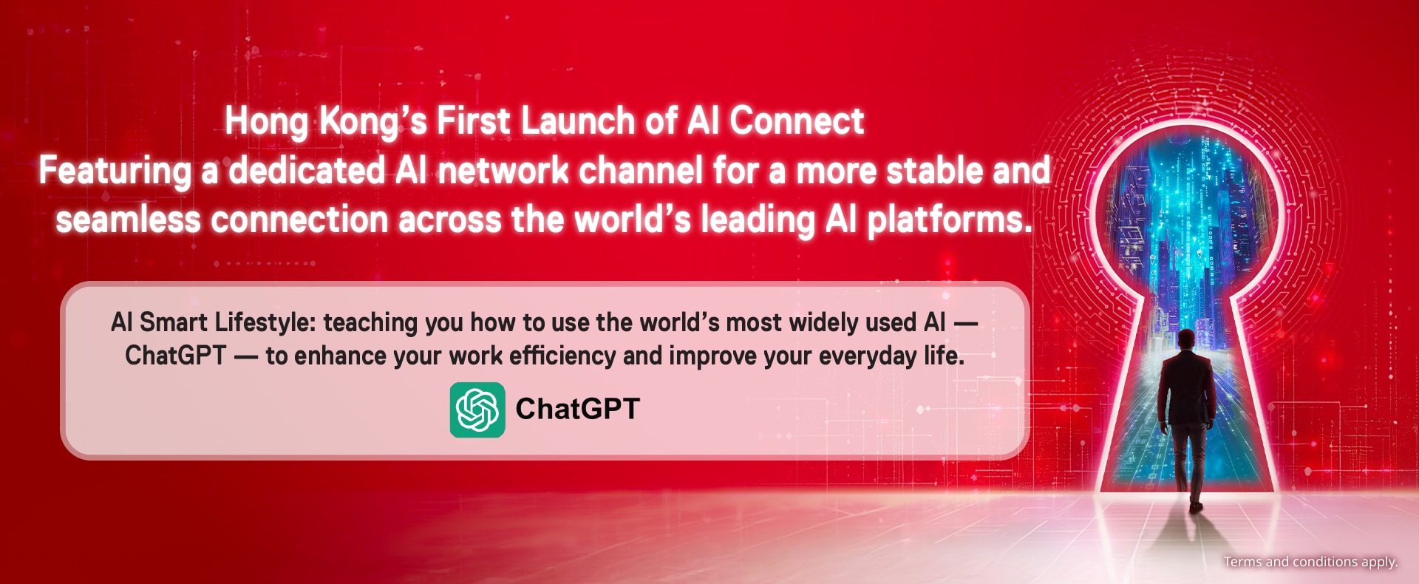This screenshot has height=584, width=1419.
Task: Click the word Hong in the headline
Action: click(267, 122)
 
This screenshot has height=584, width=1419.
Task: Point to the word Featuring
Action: click(115, 172)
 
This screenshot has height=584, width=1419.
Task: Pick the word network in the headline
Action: click(503, 171)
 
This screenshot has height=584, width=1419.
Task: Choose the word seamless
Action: click(129, 220)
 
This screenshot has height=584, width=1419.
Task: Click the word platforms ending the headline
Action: click(950, 221)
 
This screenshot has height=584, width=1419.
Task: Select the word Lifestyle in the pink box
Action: click(265, 323)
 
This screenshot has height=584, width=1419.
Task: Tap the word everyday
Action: click(868, 356)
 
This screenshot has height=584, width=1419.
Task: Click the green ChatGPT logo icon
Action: click(477, 410)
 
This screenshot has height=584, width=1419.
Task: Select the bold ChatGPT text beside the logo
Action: click(577, 409)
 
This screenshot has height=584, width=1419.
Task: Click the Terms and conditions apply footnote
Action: click(1310, 562)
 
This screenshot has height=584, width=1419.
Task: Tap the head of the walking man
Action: click(1186, 339)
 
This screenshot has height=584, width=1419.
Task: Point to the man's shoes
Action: click(1195, 506)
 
